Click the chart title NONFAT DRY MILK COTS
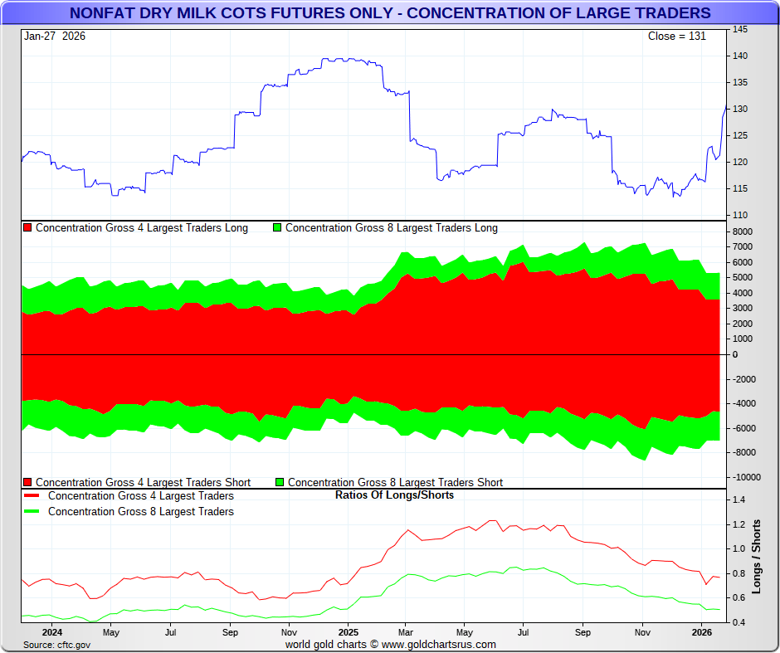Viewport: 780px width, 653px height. click(390, 13)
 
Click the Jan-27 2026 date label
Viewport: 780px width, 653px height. click(55, 37)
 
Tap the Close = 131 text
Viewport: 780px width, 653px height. click(676, 37)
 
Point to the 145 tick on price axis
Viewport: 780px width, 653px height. click(739, 30)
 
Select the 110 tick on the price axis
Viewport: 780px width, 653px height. click(739, 216)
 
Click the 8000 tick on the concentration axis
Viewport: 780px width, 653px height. click(742, 231)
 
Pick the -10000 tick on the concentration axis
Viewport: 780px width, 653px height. click(744, 477)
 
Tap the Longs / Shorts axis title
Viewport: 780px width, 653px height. click(757, 557)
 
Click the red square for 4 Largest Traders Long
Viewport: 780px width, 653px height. click(27, 228)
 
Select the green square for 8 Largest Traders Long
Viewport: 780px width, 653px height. click(277, 228)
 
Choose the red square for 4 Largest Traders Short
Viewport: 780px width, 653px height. click(27, 482)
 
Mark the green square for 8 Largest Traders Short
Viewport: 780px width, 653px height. click(280, 482)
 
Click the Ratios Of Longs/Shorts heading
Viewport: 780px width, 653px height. click(394, 495)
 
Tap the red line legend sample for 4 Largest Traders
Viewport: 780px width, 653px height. click(32, 496)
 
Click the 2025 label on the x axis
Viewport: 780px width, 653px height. click(348, 632)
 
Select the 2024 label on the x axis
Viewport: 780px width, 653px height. click(51, 632)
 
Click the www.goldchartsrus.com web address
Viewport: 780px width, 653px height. click(440, 645)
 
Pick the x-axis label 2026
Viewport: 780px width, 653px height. click(702, 632)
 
